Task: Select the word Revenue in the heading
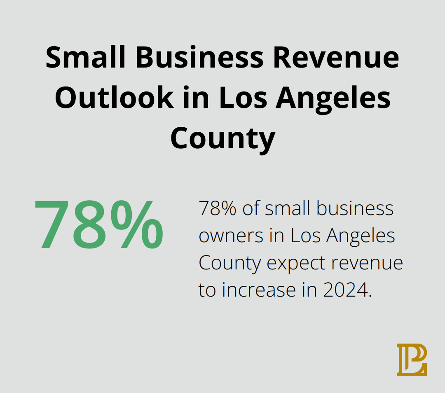336,57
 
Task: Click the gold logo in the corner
412,360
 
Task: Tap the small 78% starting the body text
217,209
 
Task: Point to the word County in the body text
230,263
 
